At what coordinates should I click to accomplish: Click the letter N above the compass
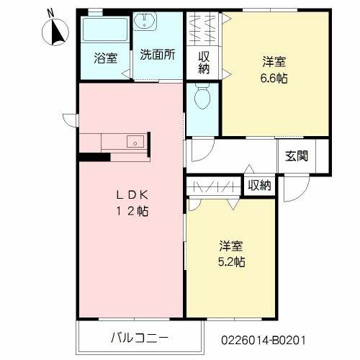click(50, 12)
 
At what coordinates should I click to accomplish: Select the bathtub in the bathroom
click(104, 32)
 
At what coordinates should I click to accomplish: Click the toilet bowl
click(203, 96)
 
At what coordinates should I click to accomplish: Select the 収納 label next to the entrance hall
click(259, 185)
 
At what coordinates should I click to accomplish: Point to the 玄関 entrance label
click(297, 155)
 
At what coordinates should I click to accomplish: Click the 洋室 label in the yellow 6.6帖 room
click(274, 63)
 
